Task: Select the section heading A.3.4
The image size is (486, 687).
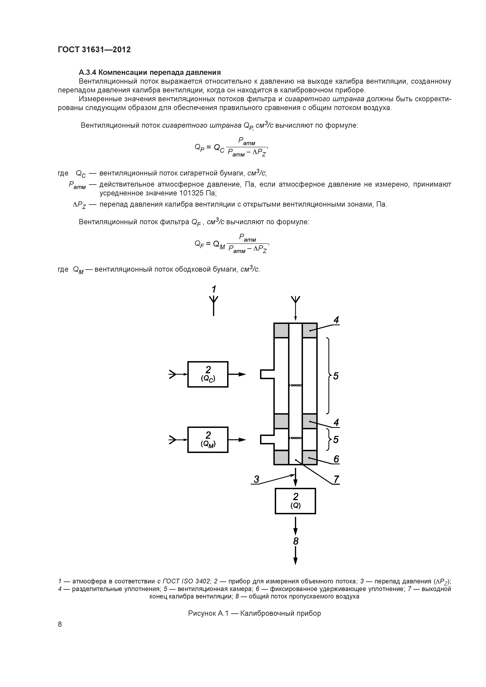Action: point(149,72)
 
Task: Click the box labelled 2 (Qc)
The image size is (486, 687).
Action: point(208,374)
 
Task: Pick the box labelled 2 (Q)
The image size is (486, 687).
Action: point(295,501)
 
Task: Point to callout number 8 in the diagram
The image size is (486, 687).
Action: point(296,541)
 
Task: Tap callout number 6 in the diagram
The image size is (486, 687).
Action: point(336,459)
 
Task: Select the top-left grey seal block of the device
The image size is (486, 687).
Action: point(281,330)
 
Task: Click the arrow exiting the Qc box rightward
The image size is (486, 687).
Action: point(237,374)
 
